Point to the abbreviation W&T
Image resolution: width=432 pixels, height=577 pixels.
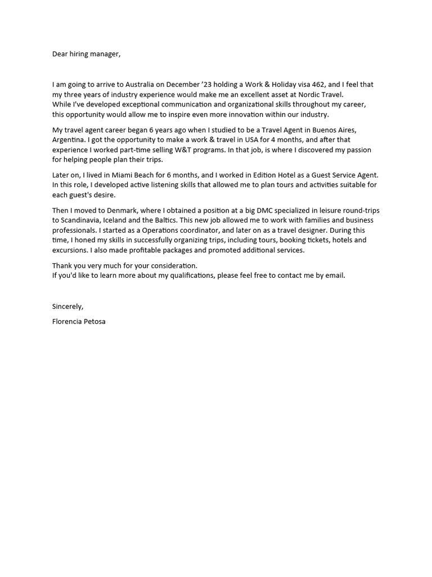coord(182,150)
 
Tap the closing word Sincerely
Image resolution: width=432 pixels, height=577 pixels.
coord(67,307)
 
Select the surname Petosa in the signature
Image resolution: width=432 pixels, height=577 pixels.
coord(93,322)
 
